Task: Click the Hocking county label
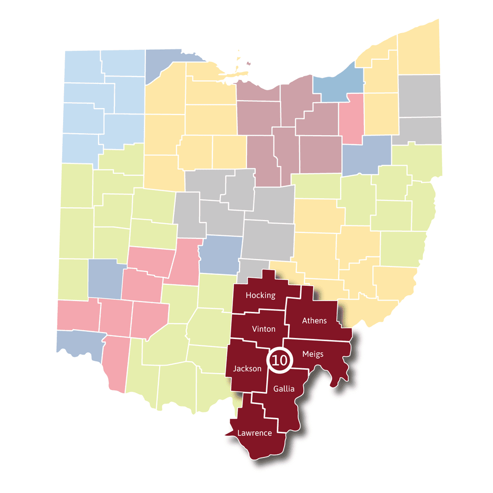260,295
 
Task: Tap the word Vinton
263,329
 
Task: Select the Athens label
314,321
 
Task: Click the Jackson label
247,369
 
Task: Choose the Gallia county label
283,389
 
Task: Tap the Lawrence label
254,433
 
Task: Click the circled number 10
279,360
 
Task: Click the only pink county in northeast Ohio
352,118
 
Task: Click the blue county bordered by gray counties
221,254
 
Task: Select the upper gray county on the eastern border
420,96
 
